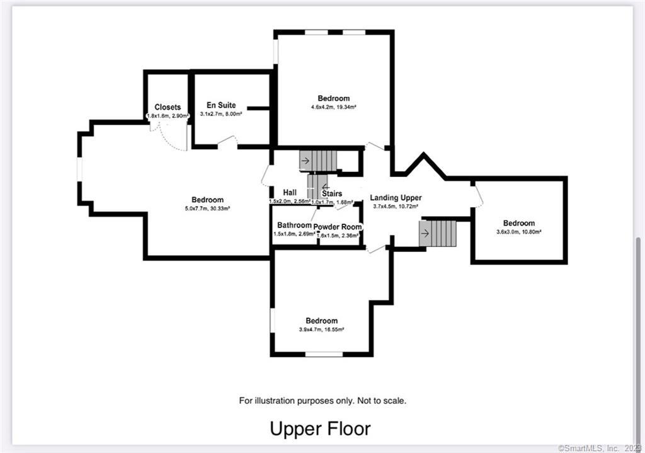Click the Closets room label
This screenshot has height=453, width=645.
pyautogui.click(x=168, y=107)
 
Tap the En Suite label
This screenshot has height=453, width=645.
pyautogui.click(x=221, y=105)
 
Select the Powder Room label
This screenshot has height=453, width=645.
pyautogui.click(x=338, y=227)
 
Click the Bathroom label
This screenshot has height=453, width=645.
pyautogui.click(x=294, y=226)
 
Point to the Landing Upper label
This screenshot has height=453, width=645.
pyautogui.click(x=396, y=198)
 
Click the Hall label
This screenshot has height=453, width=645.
pyautogui.click(x=290, y=193)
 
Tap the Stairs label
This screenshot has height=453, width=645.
pyautogui.click(x=332, y=193)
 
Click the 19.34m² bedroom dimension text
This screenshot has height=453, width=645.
pyautogui.click(x=333, y=107)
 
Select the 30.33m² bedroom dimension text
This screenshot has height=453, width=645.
pyautogui.click(x=207, y=209)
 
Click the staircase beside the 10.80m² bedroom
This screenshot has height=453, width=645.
pyautogui.click(x=437, y=233)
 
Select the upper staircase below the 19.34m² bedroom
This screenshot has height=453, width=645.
pyautogui.click(x=319, y=161)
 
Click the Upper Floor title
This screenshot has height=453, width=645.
pyautogui.click(x=320, y=428)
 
